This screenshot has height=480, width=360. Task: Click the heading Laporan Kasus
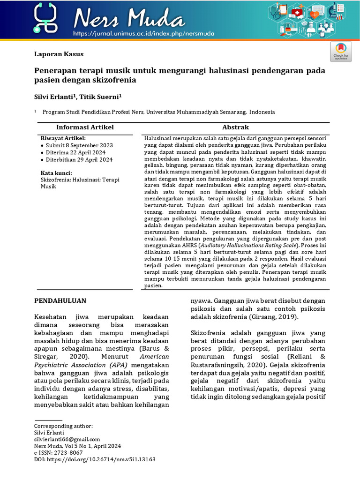[x=59, y=54]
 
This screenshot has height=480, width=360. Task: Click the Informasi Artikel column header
[x=85, y=127]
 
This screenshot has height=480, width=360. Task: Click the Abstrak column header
[x=235, y=127]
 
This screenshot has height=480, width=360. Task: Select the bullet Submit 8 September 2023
[x=79, y=145]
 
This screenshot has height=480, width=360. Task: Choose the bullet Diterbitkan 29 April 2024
[x=79, y=159]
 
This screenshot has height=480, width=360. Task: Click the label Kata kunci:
[x=56, y=173]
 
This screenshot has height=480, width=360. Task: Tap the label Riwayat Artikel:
[x=63, y=138]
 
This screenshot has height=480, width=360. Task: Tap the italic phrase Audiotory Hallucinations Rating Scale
[x=247, y=245]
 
